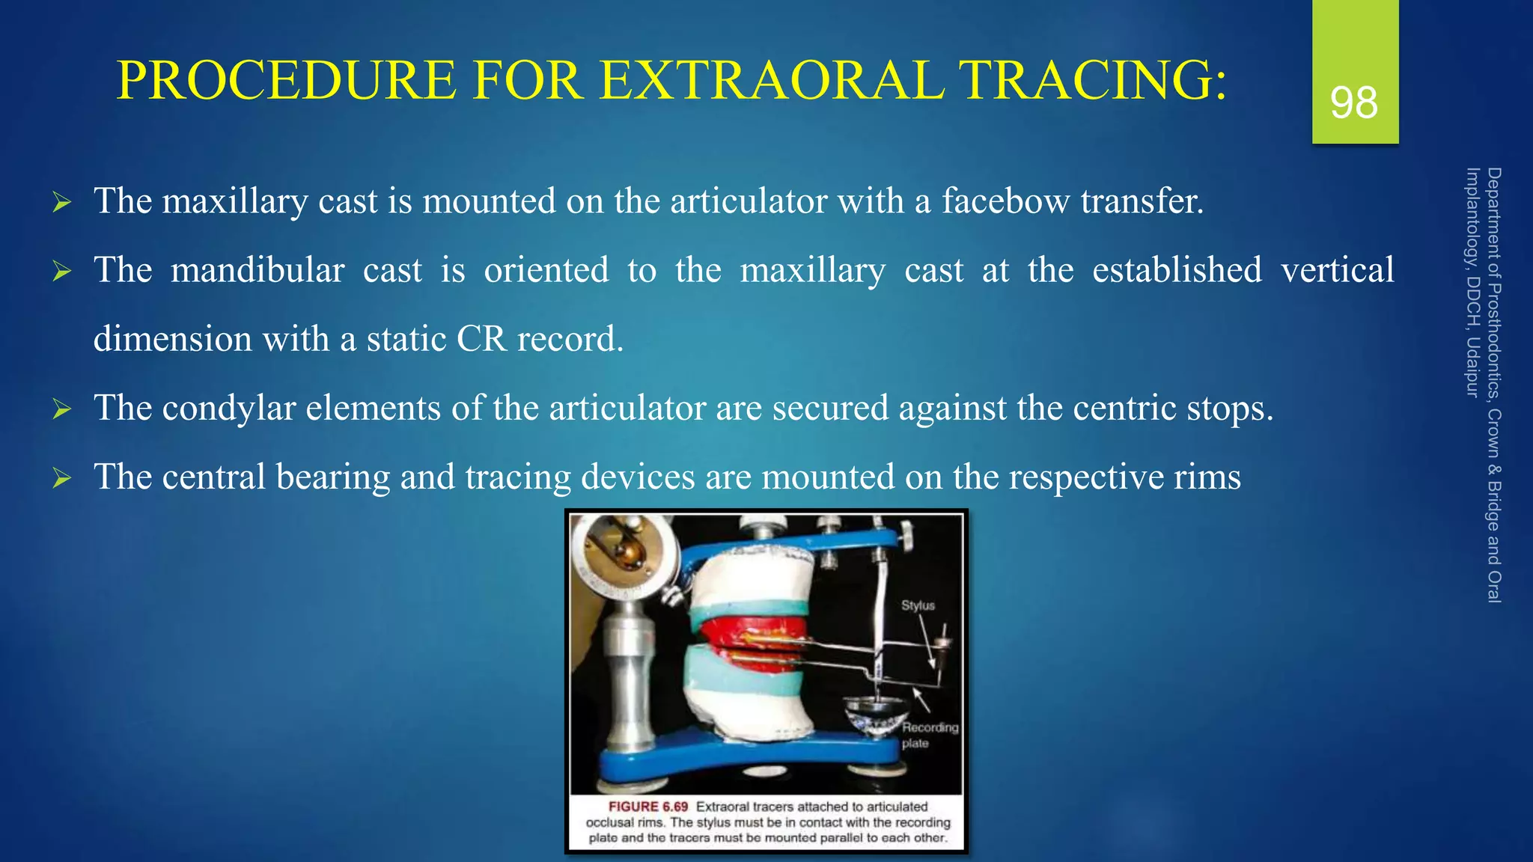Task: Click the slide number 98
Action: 1354,103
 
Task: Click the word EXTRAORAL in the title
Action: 771,80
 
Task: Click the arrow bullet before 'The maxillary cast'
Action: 62,203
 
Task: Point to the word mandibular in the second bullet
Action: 257,270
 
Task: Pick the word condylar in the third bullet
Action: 228,409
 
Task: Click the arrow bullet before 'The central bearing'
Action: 62,478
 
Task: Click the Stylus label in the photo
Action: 918,605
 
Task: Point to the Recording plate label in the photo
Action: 928,735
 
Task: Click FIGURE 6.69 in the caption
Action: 647,807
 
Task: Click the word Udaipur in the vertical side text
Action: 1472,367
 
